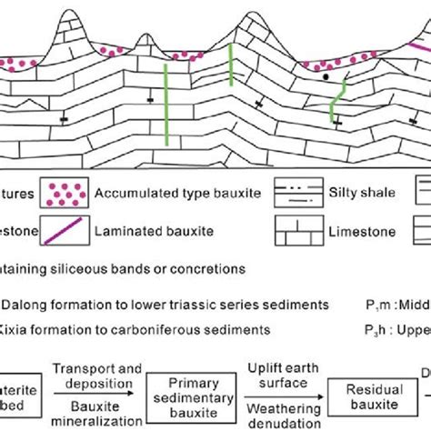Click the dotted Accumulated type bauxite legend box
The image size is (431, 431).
coord(64,195)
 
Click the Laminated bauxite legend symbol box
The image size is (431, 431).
coord(64,231)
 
